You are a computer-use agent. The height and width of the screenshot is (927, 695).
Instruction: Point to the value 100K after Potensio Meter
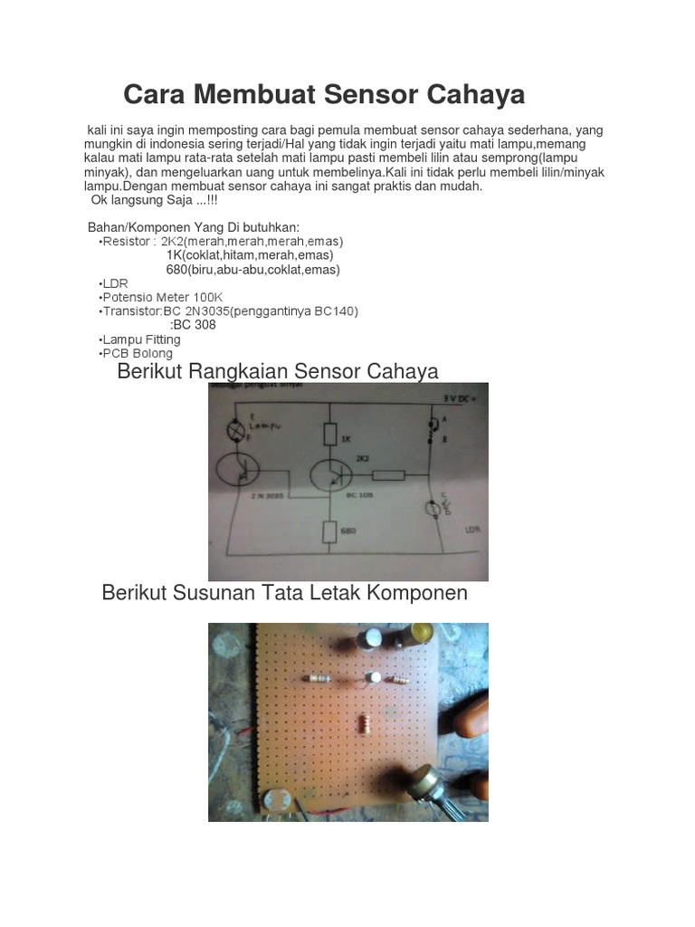point(207,297)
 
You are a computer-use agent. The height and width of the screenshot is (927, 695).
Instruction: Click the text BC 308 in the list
point(194,325)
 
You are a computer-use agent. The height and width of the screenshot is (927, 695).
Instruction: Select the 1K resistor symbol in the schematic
point(330,435)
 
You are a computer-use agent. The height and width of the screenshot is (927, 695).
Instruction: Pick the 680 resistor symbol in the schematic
point(331,530)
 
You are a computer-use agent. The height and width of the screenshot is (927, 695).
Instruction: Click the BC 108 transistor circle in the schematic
point(335,475)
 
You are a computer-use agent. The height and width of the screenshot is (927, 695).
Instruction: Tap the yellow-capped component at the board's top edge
point(422,633)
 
